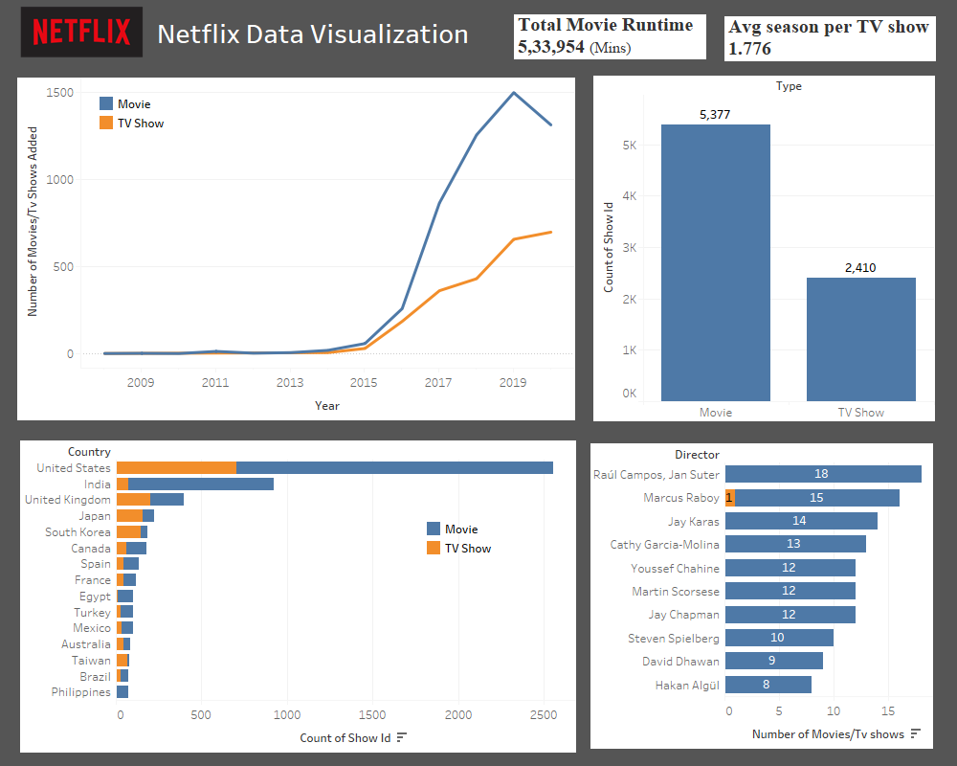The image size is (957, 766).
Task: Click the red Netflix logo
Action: (x=81, y=33)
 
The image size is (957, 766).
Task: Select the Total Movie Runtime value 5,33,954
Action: (x=550, y=46)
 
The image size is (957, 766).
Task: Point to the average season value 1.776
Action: (x=749, y=48)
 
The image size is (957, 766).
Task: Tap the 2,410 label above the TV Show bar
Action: (x=860, y=268)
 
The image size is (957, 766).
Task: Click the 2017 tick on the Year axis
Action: (x=438, y=383)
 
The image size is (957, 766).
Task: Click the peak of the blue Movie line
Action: (x=514, y=93)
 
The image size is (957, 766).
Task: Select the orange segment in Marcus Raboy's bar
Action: (x=729, y=498)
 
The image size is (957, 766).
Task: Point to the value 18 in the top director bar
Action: (x=821, y=474)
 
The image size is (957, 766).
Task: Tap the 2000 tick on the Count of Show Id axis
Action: (x=458, y=713)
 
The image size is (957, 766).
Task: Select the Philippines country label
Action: (x=81, y=692)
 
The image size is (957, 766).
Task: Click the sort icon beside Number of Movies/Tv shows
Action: (x=916, y=734)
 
